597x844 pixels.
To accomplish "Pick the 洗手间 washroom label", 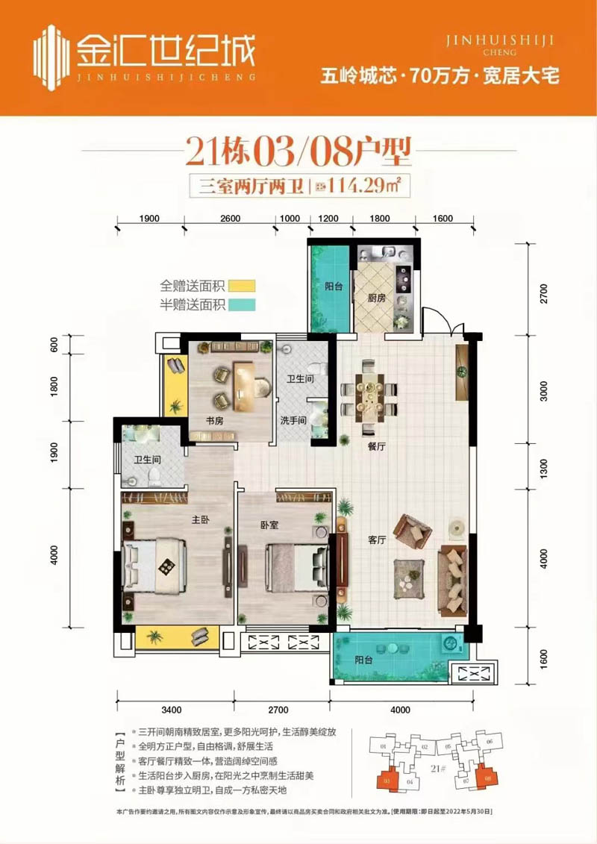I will tap(294, 420).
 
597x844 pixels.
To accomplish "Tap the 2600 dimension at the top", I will tap(231, 219).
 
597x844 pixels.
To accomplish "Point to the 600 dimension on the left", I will tap(53, 344).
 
